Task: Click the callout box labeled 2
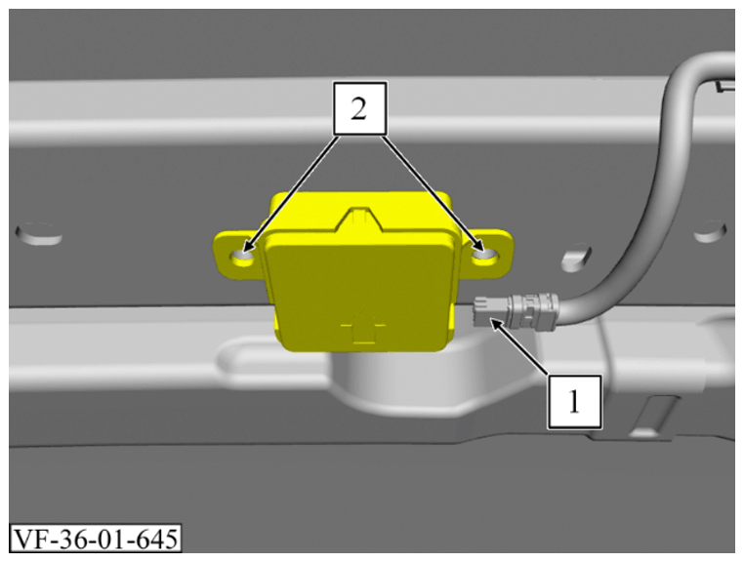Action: [x=360, y=108]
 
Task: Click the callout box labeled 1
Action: [x=575, y=402]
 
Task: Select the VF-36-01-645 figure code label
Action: [x=96, y=539]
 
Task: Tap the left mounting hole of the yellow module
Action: [x=242, y=258]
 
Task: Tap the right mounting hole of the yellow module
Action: [x=485, y=256]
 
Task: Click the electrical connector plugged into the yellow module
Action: [x=517, y=310]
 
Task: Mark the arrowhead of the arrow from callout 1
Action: [x=492, y=323]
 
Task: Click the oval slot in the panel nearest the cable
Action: [x=576, y=258]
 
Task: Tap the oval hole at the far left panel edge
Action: [x=38, y=233]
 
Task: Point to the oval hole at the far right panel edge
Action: [x=710, y=231]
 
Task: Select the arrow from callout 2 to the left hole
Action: [x=291, y=193]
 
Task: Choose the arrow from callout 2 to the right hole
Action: [x=432, y=193]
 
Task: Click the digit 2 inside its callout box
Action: [x=359, y=109]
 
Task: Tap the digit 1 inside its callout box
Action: [x=575, y=402]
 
